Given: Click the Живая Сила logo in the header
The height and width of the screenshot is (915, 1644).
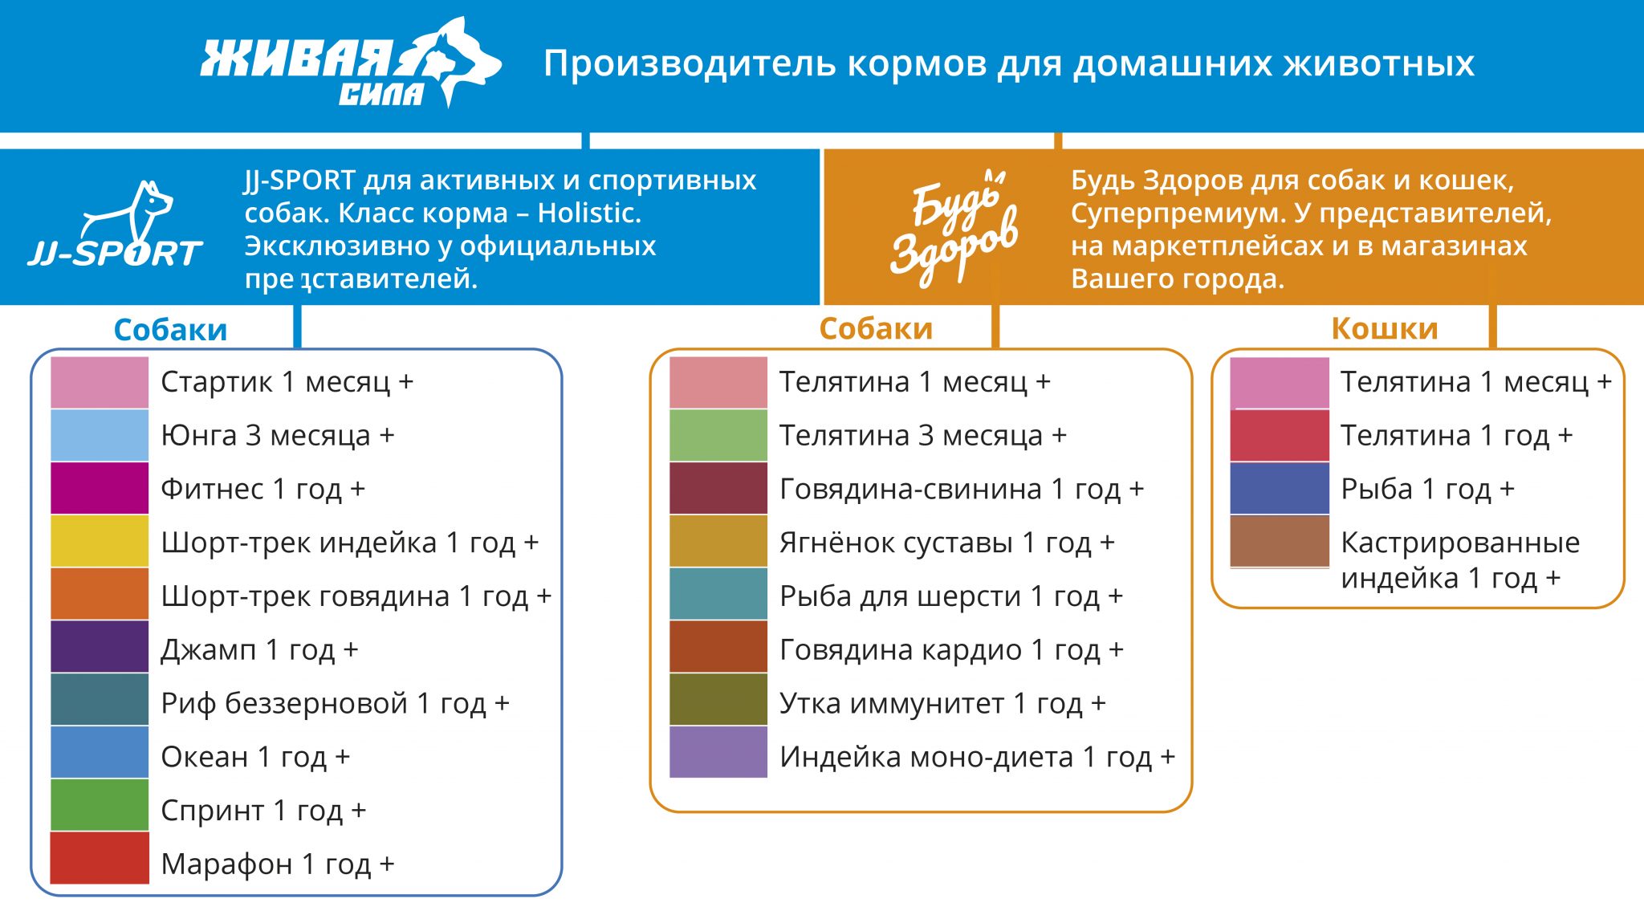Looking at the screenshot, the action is tap(351, 63).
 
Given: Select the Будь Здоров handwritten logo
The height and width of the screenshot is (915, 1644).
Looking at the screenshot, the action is tap(954, 228).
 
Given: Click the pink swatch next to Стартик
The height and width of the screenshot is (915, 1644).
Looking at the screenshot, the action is tap(100, 382).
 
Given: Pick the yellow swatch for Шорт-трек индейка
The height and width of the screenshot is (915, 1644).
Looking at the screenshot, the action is tap(100, 541).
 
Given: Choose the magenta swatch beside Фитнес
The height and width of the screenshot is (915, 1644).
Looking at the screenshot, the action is tap(100, 488).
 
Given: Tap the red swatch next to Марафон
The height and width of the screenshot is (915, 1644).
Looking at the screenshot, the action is tap(100, 858).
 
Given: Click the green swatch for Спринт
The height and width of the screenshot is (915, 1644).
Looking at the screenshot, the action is tap(100, 805).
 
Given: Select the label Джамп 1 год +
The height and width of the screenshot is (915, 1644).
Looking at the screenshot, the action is tap(259, 649).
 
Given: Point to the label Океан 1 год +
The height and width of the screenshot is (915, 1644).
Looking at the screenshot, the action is tap(255, 757).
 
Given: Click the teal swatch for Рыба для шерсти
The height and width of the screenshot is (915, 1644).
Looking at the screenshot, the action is tap(718, 594).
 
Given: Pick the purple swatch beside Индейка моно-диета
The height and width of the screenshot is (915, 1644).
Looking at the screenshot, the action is tap(718, 752).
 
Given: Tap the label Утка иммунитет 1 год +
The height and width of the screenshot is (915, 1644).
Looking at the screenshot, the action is tap(942, 704).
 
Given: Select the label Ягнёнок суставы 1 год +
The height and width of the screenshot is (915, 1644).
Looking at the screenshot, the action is tap(947, 543).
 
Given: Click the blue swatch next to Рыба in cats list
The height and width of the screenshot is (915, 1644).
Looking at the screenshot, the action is tap(1280, 488).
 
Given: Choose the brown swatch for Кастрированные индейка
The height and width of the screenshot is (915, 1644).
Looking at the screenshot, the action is tap(1280, 541).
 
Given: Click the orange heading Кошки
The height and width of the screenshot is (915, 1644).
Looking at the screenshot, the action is tap(1385, 328).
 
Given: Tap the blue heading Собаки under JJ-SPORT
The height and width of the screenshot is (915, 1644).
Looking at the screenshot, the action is tap(170, 330).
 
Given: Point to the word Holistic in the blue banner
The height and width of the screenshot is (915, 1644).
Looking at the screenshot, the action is tap(589, 213).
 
